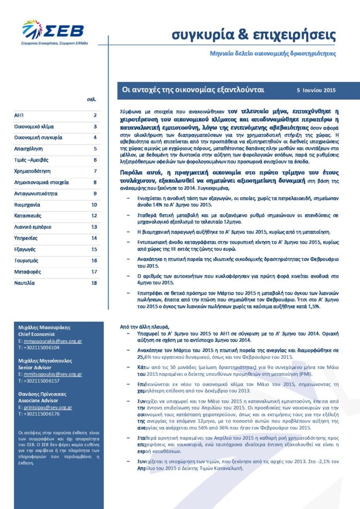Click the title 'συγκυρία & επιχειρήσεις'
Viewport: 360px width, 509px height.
pos(254,35)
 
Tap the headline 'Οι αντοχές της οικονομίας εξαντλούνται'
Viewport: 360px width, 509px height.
pos(193,90)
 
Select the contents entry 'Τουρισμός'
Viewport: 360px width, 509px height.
pos(26,260)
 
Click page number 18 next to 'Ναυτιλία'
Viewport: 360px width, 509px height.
pos(94,283)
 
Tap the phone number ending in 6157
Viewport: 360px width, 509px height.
pos(39,381)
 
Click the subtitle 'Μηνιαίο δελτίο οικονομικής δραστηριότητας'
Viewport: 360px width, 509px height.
pos(272,53)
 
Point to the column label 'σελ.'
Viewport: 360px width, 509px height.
pos(91,99)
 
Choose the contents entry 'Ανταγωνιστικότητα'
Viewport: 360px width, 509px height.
pos(36,193)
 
